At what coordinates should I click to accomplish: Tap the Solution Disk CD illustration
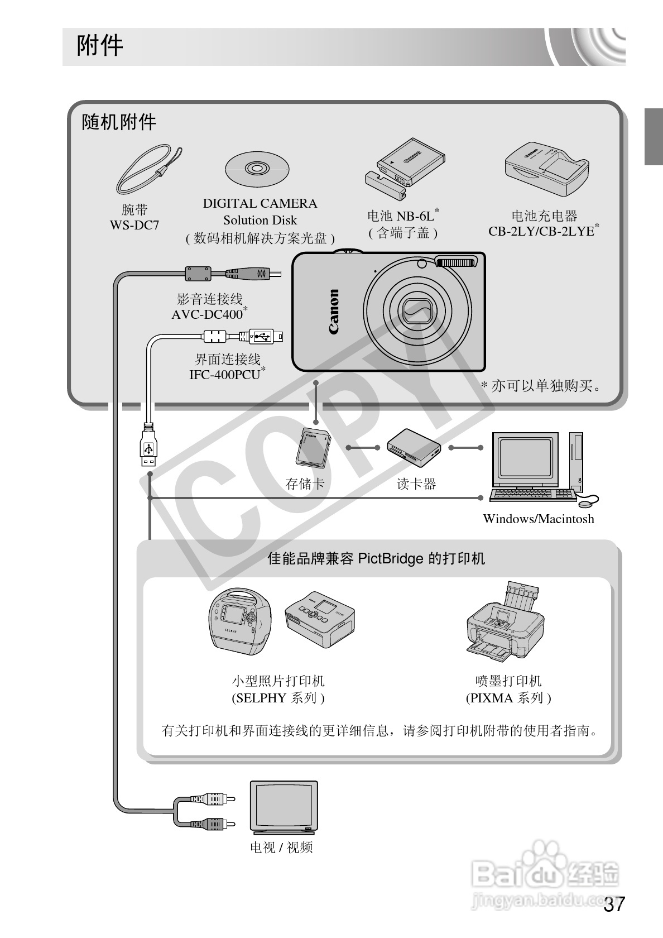[257, 169]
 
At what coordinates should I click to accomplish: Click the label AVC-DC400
[207, 314]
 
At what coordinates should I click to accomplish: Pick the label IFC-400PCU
[225, 375]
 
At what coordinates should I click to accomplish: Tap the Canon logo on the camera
[334, 312]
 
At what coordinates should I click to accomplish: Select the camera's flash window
[457, 262]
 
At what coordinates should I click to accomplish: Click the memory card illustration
[313, 447]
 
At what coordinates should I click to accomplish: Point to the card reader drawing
[414, 447]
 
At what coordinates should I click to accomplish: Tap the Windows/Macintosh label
[538, 519]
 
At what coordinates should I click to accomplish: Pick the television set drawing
[284, 807]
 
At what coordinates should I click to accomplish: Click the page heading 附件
[99, 46]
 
